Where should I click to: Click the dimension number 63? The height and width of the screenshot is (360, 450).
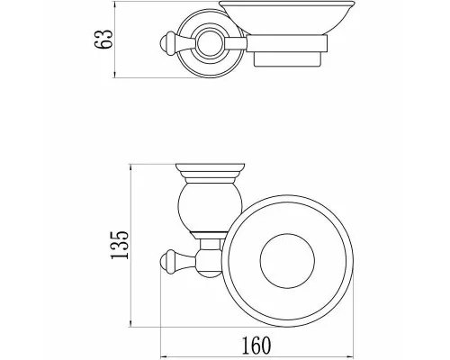point(103,39)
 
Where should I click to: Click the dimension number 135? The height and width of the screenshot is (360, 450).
point(120,245)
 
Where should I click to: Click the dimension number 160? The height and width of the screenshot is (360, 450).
point(256,346)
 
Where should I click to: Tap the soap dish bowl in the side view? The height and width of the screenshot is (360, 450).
point(286,17)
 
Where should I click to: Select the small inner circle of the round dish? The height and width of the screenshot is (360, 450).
point(287,261)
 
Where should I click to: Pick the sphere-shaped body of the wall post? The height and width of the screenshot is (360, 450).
point(210,208)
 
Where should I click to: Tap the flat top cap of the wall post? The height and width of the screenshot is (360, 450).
point(210,167)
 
